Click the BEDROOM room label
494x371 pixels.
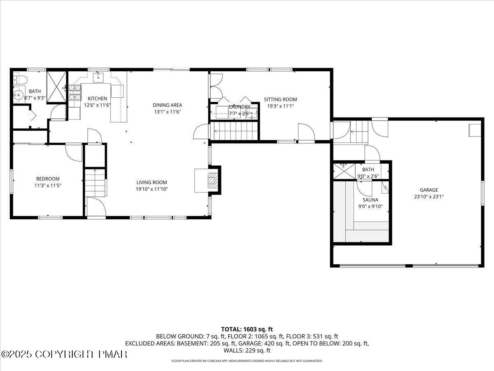[x=48, y=178]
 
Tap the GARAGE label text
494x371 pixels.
[x=429, y=190]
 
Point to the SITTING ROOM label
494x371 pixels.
[x=280, y=99]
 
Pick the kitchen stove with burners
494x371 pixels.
[x=74, y=93]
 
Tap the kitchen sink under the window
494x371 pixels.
[x=99, y=77]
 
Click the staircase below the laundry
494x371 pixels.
[x=234, y=132]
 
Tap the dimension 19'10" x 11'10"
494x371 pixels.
[x=152, y=189]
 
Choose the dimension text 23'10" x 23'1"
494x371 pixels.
[x=429, y=197]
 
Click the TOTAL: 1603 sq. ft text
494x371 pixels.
[x=247, y=329]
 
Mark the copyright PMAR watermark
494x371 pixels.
[x=65, y=354]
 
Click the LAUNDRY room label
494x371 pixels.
[x=239, y=107]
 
